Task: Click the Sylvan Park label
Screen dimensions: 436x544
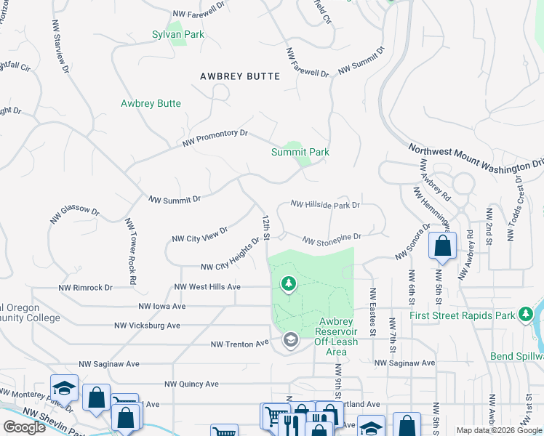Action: pos(177,34)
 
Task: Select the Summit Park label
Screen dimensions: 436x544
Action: pos(300,152)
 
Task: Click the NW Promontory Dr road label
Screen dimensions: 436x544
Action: pos(215,138)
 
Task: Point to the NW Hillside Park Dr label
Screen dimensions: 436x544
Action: pos(325,206)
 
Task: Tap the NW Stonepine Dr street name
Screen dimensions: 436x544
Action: pos(332,238)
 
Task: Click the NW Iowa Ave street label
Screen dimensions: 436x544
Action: pos(161,306)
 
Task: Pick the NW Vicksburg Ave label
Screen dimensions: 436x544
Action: pos(148,326)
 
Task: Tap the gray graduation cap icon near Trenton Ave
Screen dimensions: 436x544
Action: pos(291,340)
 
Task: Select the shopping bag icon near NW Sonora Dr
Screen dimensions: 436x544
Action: pos(442,247)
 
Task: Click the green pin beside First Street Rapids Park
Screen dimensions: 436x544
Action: pos(526,314)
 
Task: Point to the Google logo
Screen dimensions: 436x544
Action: pos(24,427)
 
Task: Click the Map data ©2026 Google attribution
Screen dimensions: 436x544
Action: pos(499,430)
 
